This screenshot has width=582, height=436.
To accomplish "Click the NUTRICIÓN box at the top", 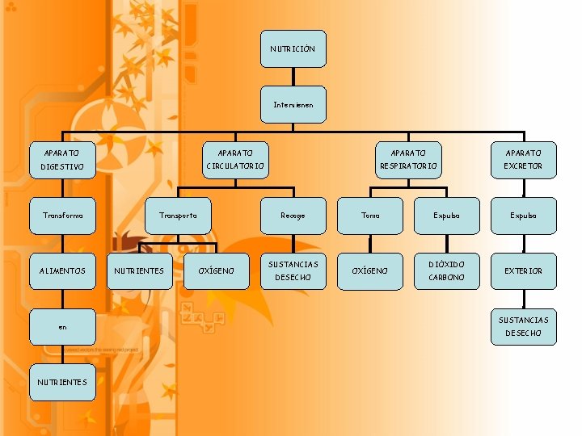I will click(293, 48).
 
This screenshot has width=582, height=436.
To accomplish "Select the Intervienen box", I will click(293, 105).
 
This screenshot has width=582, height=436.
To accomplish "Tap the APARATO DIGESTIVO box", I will click(62, 159).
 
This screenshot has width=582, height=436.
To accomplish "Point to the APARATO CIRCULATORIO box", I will click(235, 159).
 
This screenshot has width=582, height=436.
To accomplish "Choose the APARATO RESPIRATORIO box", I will click(408, 159).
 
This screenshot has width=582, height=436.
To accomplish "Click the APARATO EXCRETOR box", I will click(524, 159).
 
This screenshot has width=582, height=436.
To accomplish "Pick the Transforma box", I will click(62, 216).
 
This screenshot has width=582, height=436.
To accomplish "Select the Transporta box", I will click(178, 216).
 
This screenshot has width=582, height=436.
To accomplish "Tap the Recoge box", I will click(293, 216).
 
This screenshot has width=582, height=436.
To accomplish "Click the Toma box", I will click(370, 216).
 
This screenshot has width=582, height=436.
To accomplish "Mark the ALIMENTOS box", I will click(62, 270).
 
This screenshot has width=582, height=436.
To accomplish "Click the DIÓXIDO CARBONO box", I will click(446, 270).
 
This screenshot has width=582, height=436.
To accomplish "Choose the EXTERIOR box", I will click(524, 270).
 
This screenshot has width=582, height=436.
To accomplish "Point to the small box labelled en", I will click(62, 327).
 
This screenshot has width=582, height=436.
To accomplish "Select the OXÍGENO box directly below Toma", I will click(370, 270).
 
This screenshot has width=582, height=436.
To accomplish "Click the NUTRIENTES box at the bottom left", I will click(62, 382).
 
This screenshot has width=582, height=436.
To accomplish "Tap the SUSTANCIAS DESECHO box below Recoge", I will click(293, 270).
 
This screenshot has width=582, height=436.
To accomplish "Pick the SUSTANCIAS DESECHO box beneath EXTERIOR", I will click(524, 326).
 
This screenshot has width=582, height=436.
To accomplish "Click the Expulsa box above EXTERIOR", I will click(524, 216).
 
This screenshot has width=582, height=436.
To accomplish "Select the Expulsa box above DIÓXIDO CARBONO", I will click(446, 216).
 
